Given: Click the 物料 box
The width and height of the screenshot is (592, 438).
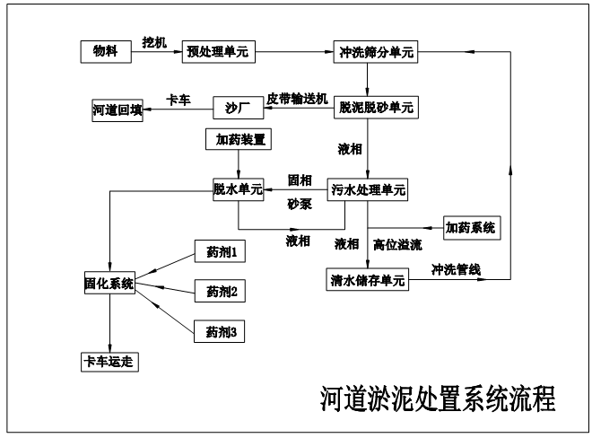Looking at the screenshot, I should click(106, 51).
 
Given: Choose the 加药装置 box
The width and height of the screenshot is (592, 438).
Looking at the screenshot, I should click(238, 139).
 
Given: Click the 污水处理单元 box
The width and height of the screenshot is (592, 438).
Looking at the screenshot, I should click(367, 189).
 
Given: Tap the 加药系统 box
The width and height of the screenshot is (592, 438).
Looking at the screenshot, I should click(470, 227).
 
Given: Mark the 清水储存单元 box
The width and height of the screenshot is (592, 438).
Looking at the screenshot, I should click(367, 280).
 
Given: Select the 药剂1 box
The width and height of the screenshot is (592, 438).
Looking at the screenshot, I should click(220, 253).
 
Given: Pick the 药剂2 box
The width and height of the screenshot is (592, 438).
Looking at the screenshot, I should click(220, 291).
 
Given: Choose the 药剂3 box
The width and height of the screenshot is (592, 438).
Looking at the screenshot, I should click(220, 331).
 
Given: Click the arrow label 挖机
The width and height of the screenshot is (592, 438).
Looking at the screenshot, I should click(155, 41).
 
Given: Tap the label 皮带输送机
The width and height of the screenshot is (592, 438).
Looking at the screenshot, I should click(298, 98).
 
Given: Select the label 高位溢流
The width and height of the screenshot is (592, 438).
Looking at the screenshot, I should click(397, 243).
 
